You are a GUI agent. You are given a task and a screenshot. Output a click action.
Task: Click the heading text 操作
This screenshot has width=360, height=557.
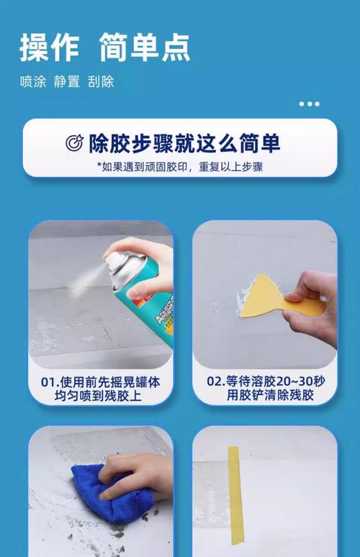(x=50, y=47)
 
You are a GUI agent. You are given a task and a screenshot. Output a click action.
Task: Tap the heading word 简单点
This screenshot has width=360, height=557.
(x=144, y=47)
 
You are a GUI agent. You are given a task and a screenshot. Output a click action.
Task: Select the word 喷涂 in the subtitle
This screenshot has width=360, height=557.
(x=33, y=82)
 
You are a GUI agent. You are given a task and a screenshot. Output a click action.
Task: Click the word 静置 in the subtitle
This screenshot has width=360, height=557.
(x=67, y=82)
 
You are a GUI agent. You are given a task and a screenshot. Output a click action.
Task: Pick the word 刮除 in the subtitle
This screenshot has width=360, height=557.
(x=101, y=82)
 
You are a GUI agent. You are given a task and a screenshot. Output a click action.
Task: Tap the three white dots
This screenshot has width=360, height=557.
(x=309, y=104)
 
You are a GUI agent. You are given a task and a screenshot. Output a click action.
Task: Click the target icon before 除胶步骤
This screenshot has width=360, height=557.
(x=74, y=142)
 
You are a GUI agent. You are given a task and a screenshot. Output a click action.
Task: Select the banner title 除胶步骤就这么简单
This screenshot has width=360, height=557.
(x=184, y=143)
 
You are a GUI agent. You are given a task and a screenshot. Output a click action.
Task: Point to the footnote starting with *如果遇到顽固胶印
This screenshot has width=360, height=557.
(x=180, y=167)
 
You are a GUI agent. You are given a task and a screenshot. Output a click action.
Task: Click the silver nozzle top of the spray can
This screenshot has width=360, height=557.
(x=122, y=262)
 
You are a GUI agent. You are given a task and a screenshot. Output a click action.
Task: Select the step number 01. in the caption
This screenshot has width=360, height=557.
(x=50, y=382)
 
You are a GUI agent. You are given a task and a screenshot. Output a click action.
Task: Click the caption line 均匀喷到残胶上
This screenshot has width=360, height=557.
(x=98, y=396)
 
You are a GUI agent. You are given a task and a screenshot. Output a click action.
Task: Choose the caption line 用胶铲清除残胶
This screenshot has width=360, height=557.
(x=271, y=395)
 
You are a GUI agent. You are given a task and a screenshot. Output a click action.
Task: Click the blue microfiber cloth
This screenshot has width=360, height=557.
(x=112, y=494)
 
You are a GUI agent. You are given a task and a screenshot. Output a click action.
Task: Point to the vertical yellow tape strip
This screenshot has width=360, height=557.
(x=235, y=495)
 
